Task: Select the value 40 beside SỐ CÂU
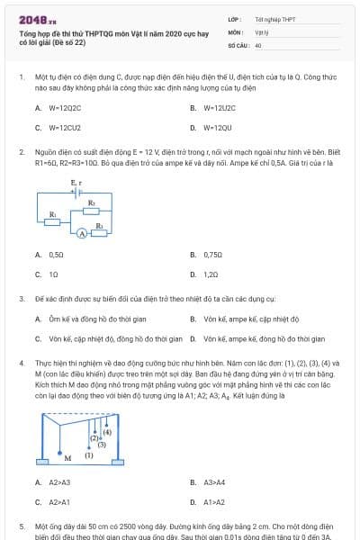click(258, 44)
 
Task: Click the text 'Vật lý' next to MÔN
click(261, 31)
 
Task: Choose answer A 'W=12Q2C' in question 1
click(66, 108)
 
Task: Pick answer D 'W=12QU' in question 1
click(217, 128)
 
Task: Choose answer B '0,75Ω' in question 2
click(212, 255)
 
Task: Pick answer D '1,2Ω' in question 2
click(211, 274)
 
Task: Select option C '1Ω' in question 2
click(54, 274)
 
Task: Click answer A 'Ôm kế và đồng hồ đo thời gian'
click(85, 319)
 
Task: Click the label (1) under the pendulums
click(88, 456)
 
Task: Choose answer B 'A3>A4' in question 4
click(213, 482)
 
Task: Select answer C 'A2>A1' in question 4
click(59, 501)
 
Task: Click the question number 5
click(22, 525)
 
